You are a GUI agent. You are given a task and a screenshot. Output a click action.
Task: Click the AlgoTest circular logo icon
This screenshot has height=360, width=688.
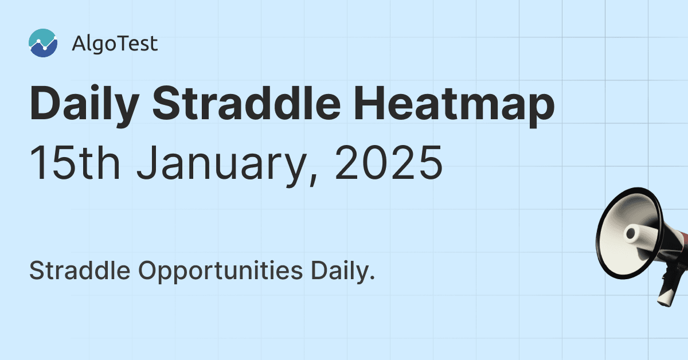point(43,44)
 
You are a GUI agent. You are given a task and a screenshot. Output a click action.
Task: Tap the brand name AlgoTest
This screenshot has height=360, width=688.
point(115,44)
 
